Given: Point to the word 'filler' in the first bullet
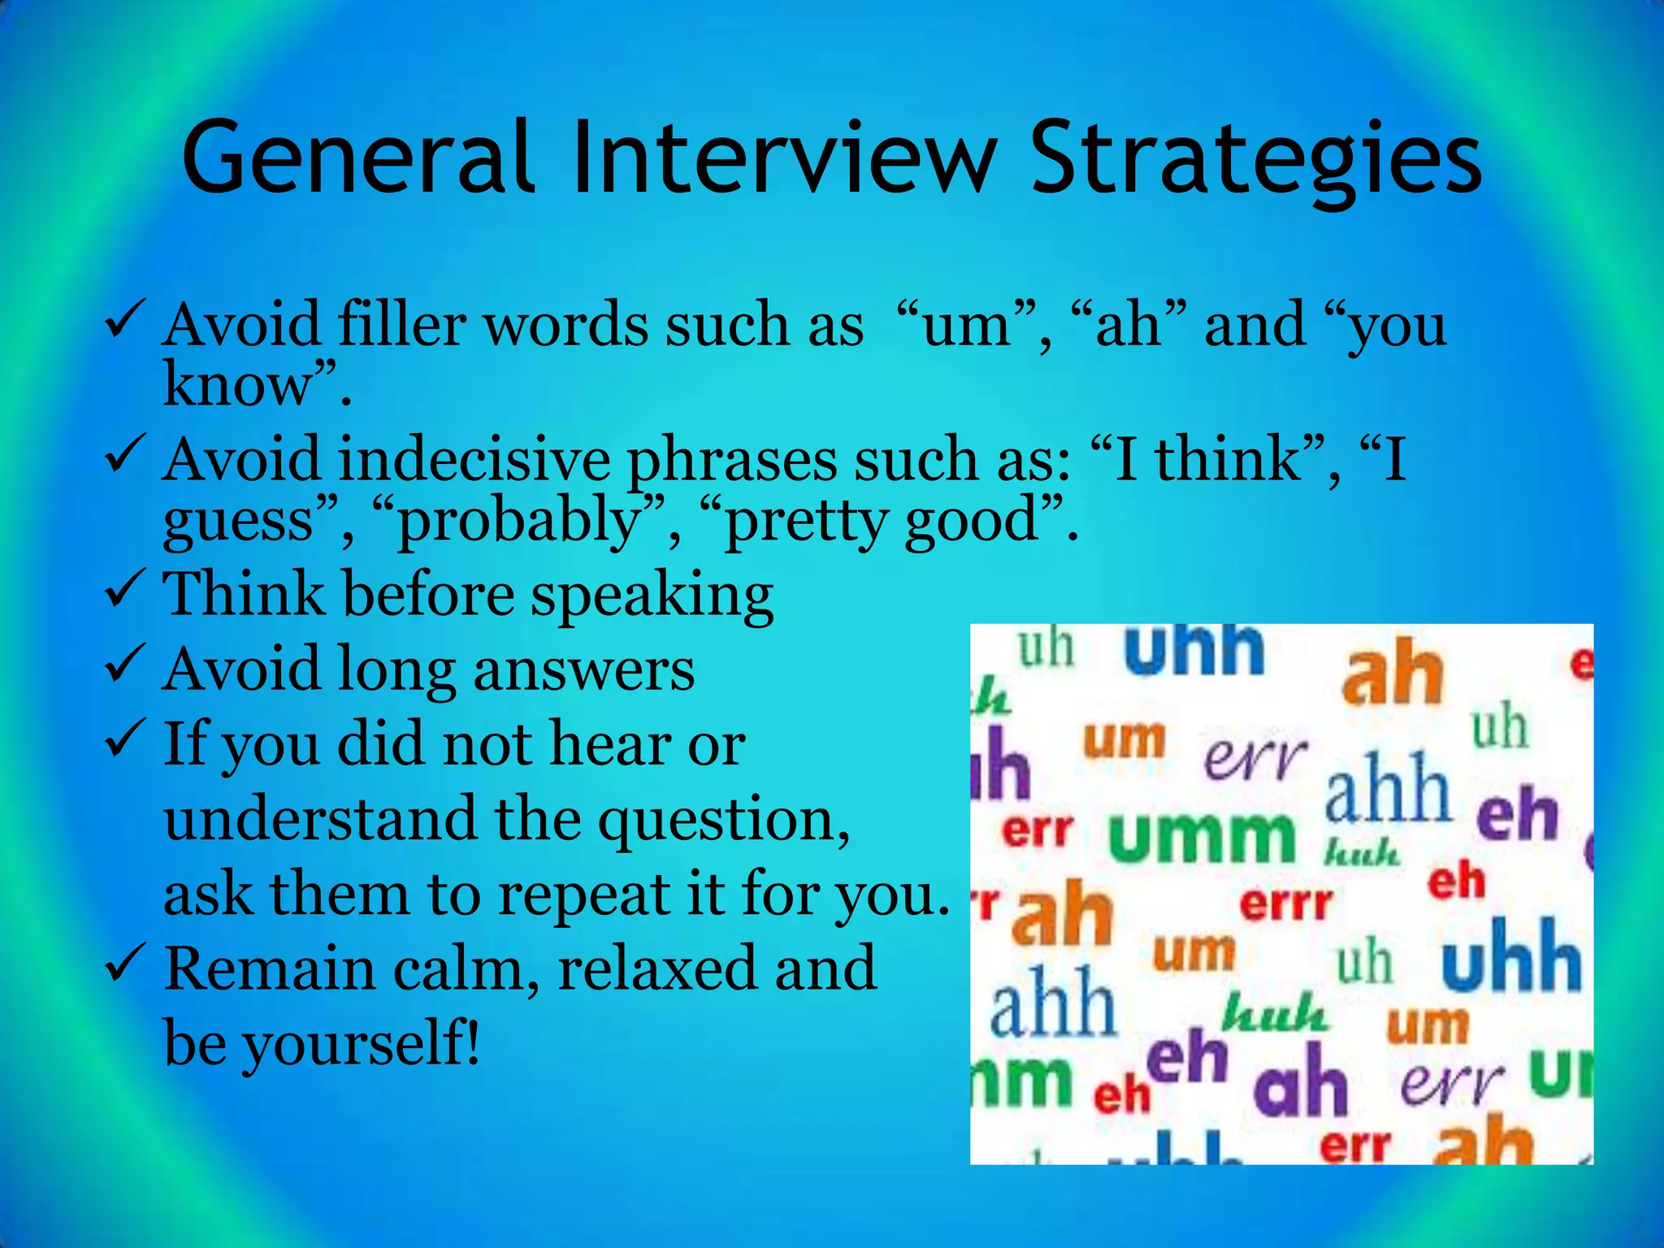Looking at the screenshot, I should click(401, 325).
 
